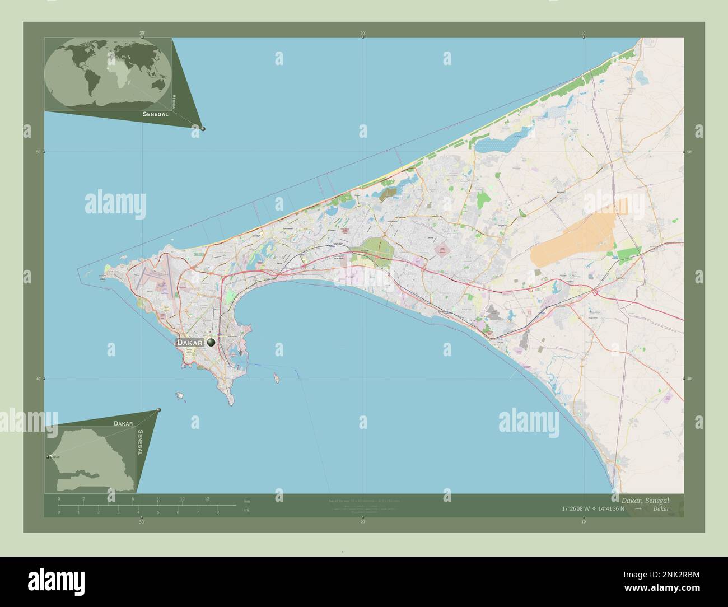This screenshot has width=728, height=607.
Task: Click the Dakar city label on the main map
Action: [190, 342]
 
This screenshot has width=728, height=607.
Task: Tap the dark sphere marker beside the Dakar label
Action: [211, 342]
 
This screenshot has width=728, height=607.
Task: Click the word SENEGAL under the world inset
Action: [156, 114]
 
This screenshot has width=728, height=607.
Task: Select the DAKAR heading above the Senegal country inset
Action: [123, 424]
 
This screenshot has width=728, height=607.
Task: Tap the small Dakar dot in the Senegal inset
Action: [48, 457]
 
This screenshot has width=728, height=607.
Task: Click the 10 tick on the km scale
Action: [182, 498]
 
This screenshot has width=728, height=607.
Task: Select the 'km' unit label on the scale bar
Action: [247, 499]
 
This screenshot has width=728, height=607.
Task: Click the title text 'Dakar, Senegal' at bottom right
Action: [644, 499]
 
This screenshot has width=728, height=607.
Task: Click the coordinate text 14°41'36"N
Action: [615, 508]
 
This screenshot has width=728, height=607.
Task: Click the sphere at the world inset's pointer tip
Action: [203, 128]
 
